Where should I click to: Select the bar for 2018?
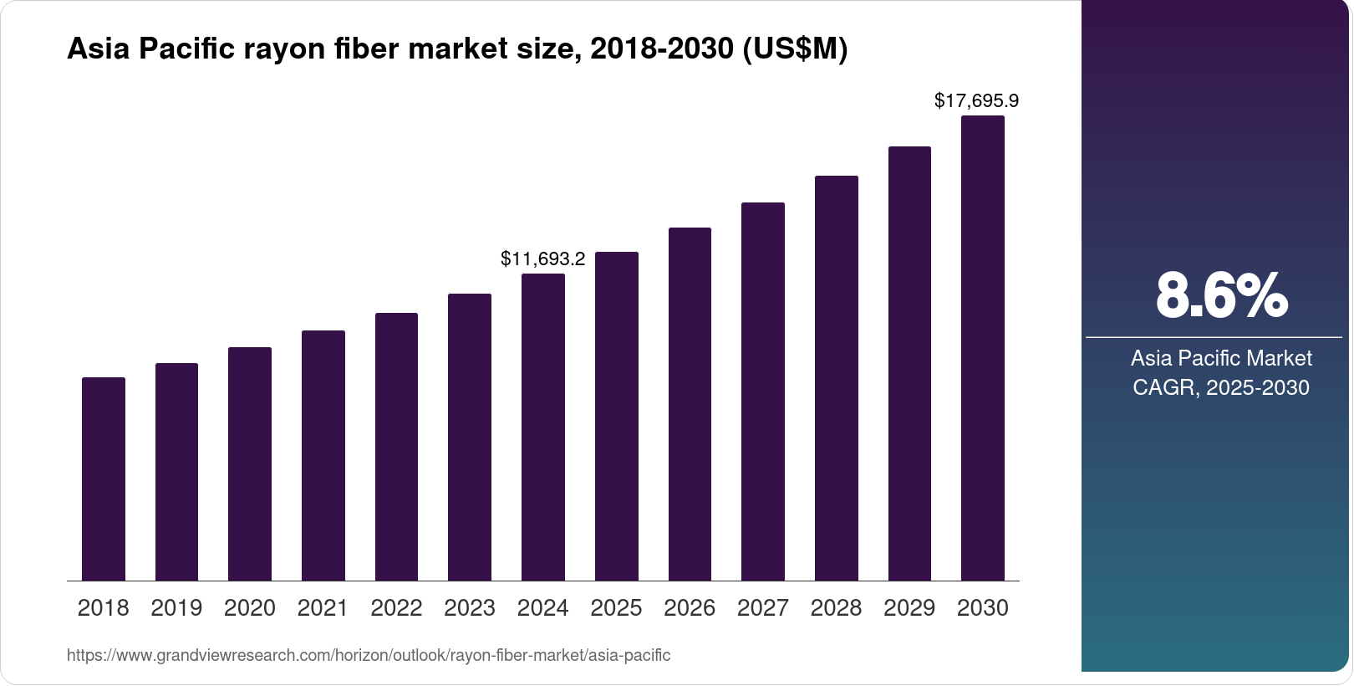pyautogui.click(x=104, y=479)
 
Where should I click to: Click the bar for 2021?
pyautogui.click(x=323, y=455)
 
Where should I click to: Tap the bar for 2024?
pyautogui.click(x=543, y=427)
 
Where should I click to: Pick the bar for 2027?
pyautogui.click(x=763, y=392)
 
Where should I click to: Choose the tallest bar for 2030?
pyautogui.click(x=983, y=348)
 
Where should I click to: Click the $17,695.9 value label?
pyautogui.click(x=976, y=101)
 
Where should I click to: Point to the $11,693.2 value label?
pyautogui.click(x=542, y=259)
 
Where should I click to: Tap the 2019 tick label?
pyautogui.click(x=176, y=608)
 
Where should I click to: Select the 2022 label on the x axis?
pyautogui.click(x=396, y=608)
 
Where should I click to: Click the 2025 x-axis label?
pyautogui.click(x=616, y=608)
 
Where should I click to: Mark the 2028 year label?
pyautogui.click(x=836, y=608)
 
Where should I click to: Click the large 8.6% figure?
pyautogui.click(x=1221, y=295)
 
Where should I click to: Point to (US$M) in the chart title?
pyautogui.click(x=795, y=49)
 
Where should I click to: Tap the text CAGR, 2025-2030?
pyautogui.click(x=1220, y=387)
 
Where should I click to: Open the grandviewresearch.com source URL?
pyautogui.click(x=369, y=655)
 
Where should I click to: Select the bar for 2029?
pyautogui.click(x=909, y=363)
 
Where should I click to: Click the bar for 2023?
pyautogui.click(x=470, y=437)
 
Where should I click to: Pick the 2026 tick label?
pyautogui.click(x=690, y=608)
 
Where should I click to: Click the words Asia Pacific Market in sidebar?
pyautogui.click(x=1221, y=358)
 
